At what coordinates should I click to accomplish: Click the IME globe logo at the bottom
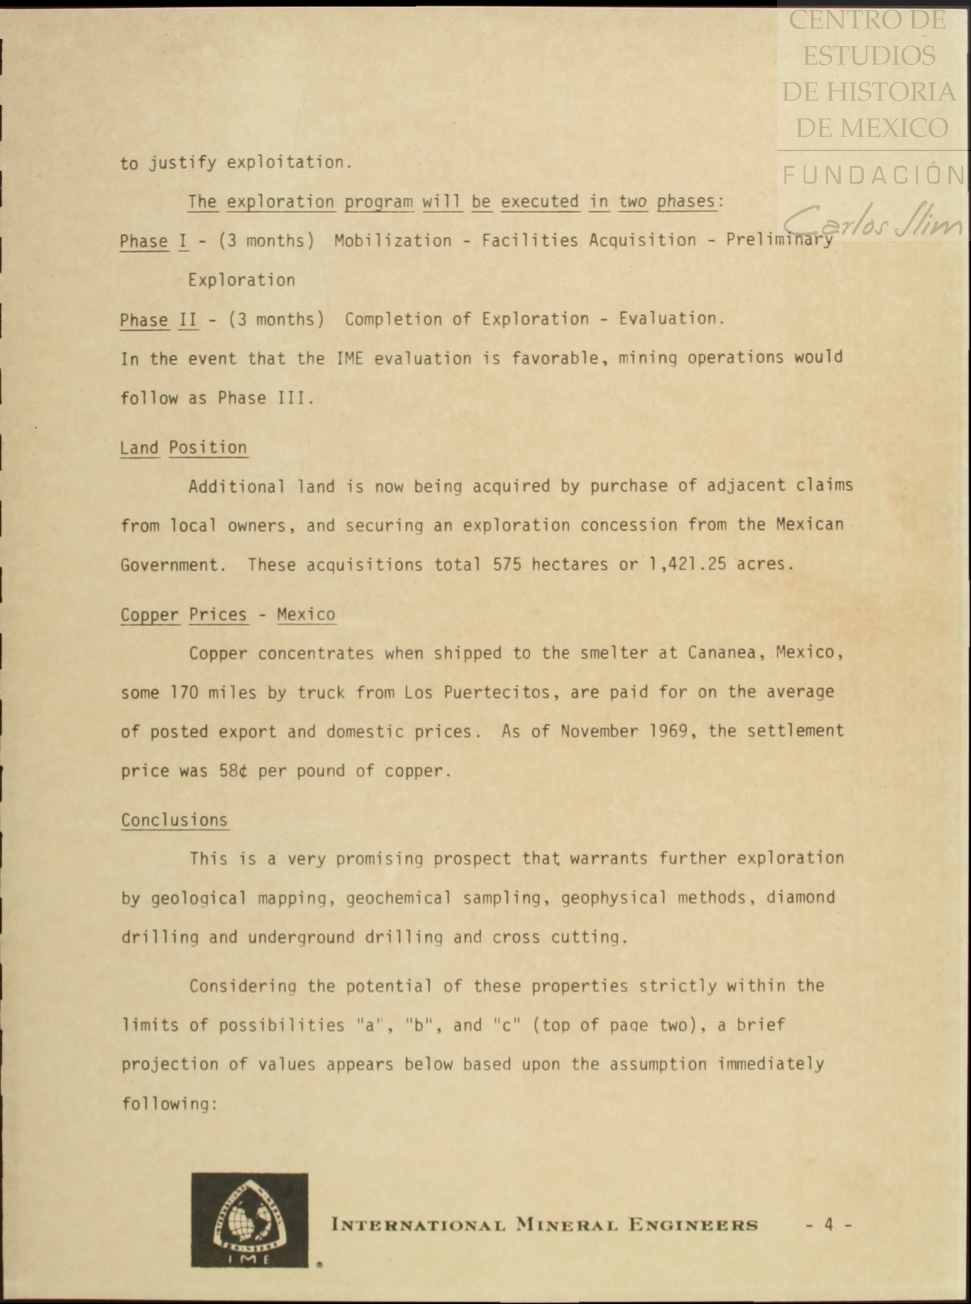click(x=250, y=1219)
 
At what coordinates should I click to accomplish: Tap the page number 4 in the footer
click(x=829, y=1224)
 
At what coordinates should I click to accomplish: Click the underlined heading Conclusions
click(x=175, y=820)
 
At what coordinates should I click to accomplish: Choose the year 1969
click(x=668, y=731)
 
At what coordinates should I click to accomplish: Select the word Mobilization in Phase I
click(x=393, y=241)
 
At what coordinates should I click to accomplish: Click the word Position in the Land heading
click(x=208, y=448)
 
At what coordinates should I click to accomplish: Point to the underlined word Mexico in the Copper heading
click(x=306, y=615)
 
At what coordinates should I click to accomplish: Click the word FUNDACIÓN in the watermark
click(x=873, y=176)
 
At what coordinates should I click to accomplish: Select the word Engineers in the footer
click(x=693, y=1225)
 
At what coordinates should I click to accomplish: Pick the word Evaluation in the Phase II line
click(x=670, y=319)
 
